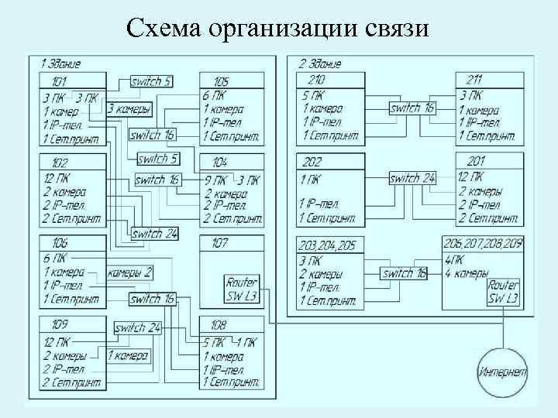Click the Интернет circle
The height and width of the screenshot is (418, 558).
pos(503,372)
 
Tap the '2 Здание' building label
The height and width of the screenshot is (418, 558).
pos(319,63)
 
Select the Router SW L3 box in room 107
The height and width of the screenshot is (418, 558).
pos(242,288)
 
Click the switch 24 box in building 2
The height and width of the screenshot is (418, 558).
pos(412,178)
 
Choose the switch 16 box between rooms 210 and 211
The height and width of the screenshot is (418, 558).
pos(412,108)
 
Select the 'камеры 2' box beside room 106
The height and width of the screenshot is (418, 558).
pos(129,272)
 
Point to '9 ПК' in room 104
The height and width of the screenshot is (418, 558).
pos(214,180)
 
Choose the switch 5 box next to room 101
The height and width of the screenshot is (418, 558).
pos(151,81)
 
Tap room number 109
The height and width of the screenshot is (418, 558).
pos(59,325)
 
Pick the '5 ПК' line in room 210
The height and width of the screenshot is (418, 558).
pos(315,97)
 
